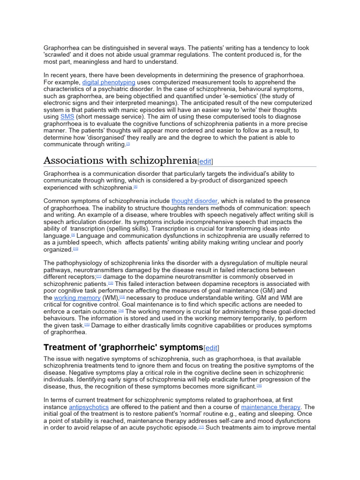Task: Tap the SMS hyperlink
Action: pyautogui.click(x=67, y=117)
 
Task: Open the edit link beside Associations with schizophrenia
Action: pyautogui.click(x=205, y=161)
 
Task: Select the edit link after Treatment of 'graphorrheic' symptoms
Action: pyautogui.click(x=212, y=348)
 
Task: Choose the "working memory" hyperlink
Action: pyautogui.click(x=77, y=298)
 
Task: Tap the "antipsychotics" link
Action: pyautogui.click(x=89, y=407)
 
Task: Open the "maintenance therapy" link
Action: pyautogui.click(x=270, y=407)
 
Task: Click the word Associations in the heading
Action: pyautogui.click(x=73, y=161)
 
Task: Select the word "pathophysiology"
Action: pyautogui.click(x=87, y=263)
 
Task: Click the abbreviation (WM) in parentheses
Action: pyautogui.click(x=111, y=298)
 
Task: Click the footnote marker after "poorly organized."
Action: pyautogui.click(x=76, y=249)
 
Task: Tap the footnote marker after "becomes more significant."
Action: pyautogui.click(x=259, y=386)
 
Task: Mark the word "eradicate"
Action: pyautogui.click(x=248, y=379)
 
